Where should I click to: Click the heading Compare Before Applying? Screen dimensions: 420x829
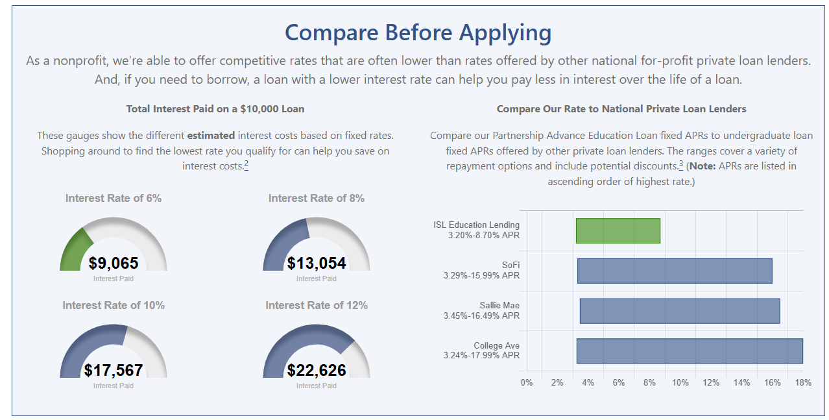418,32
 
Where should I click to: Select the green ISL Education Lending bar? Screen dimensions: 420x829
618,231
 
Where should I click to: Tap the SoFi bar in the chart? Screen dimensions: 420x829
675,271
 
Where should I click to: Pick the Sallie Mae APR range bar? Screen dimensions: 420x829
679,311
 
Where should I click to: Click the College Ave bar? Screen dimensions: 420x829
690,351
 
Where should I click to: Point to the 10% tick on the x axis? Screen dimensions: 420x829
680,383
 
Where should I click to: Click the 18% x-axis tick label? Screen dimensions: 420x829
803,383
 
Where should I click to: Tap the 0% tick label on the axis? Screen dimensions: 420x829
527,383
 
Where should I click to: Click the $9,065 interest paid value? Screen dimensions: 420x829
114,263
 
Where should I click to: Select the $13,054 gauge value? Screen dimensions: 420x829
317,263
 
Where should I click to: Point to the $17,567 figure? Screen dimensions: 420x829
114,370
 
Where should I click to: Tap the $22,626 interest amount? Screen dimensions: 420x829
317,370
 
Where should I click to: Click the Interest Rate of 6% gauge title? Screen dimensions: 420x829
114,199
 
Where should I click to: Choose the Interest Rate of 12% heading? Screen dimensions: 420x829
317,306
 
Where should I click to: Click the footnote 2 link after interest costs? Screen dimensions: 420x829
246,164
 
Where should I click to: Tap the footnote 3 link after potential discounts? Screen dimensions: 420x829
681,164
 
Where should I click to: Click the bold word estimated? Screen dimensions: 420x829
211,136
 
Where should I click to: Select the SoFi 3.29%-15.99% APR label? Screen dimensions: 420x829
481,271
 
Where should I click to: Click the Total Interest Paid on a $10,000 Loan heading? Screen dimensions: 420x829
215,109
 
